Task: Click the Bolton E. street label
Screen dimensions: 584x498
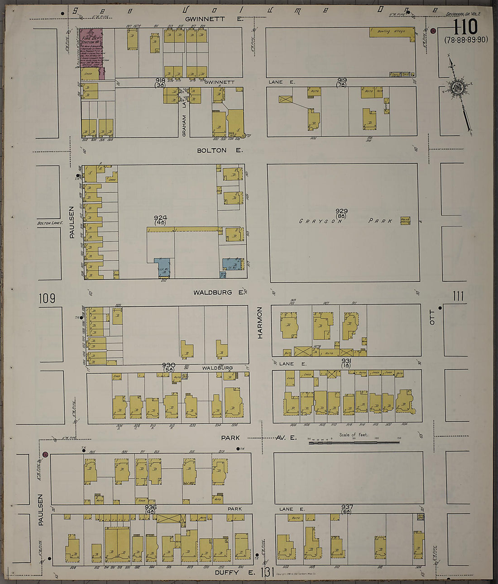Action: (x=220, y=150)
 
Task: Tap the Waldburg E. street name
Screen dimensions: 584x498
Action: (x=219, y=293)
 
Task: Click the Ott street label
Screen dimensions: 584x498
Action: (x=432, y=317)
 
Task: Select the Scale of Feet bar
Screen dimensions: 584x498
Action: (x=354, y=442)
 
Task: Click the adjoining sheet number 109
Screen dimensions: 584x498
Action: (x=47, y=298)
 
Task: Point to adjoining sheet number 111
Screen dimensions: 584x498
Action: (x=458, y=296)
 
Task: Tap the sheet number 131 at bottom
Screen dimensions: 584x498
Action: (x=267, y=573)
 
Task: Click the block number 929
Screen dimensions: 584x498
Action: (x=342, y=211)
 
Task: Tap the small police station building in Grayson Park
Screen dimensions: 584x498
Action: (x=405, y=220)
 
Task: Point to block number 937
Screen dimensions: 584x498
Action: (x=347, y=507)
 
